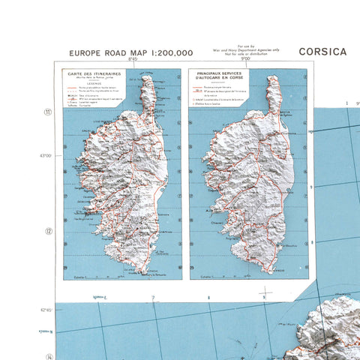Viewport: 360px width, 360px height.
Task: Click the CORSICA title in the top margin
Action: click(322, 52)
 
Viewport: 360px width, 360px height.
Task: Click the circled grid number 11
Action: click(48, 112)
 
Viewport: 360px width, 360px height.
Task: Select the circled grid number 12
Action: click(48, 231)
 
